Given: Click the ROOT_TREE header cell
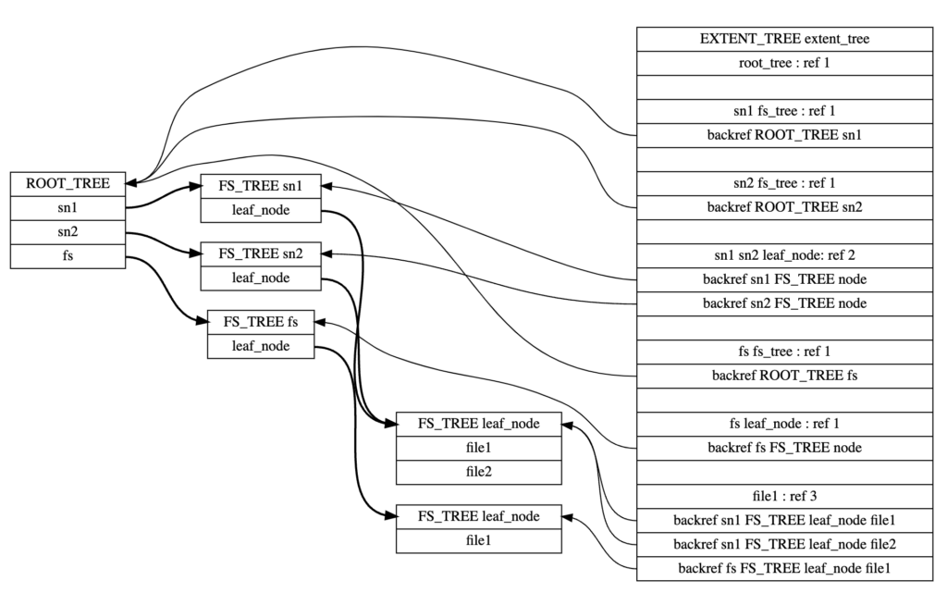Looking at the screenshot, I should coord(68,183).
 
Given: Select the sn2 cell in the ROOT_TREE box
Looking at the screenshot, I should coord(68,231).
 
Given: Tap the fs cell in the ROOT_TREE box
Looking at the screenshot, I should coord(68,255).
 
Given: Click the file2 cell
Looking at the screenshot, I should coord(478,472).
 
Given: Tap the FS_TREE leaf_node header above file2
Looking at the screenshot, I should coord(478,424).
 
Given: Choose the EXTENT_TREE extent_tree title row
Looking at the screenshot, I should coord(784,39).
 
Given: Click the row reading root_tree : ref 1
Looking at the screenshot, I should coord(784,63).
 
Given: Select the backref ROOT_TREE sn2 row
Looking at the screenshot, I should coord(784,206).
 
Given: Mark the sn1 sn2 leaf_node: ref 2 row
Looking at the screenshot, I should coord(784,254).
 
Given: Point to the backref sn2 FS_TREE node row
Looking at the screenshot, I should coord(784,303).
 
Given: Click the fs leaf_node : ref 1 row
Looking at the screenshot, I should coord(784,424).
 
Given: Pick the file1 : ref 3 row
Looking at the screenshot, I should coord(784,495).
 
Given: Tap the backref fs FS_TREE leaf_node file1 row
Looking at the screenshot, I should coord(784,567).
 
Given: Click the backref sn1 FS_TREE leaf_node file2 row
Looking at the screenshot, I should coord(784,543).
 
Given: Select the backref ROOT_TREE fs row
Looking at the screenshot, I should coord(784,375).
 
